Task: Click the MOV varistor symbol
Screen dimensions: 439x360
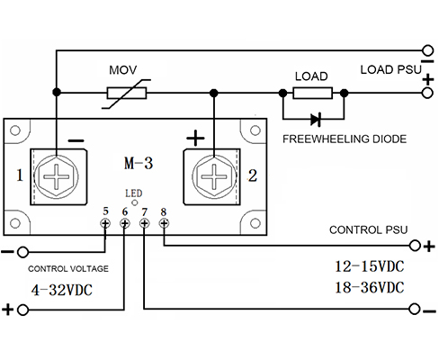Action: pyautogui.click(x=127, y=94)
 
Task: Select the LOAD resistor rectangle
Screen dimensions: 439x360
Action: pyautogui.click(x=313, y=93)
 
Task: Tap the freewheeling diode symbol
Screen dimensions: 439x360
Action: pyautogui.click(x=316, y=120)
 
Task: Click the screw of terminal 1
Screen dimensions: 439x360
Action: pyautogui.click(x=57, y=176)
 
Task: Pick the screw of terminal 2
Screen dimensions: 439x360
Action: pyautogui.click(x=214, y=176)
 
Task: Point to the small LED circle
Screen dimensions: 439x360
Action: pyautogui.click(x=135, y=202)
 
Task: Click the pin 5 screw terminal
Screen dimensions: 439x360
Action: pyautogui.click(x=105, y=223)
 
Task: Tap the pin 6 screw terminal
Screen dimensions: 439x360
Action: pyautogui.click(x=125, y=223)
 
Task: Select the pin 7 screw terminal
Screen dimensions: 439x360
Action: pyautogui.click(x=145, y=223)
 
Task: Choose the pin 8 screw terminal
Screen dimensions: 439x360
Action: pyautogui.click(x=164, y=223)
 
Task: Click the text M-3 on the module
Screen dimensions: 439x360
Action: pyautogui.click(x=139, y=164)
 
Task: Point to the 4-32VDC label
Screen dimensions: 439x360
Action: pyautogui.click(x=62, y=290)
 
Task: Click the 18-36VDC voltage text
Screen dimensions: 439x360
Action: pyautogui.click(x=370, y=287)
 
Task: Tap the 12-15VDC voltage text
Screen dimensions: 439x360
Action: pyautogui.click(x=370, y=266)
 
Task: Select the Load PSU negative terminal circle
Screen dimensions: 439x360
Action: pyautogui.click(x=427, y=50)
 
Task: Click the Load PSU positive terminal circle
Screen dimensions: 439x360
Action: pyautogui.click(x=427, y=93)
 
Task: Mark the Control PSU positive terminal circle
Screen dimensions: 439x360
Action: pyautogui.click(x=415, y=246)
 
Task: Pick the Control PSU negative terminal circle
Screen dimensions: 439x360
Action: pyautogui.click(x=415, y=309)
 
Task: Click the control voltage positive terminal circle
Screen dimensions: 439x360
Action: pyautogui.click(x=22, y=310)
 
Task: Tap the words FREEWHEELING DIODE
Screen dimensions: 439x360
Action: pyautogui.click(x=345, y=139)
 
